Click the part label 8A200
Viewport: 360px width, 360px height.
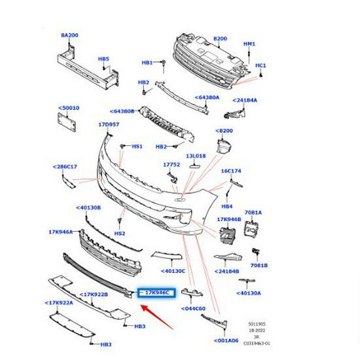[x=69, y=35]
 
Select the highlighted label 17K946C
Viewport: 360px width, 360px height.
[x=157, y=293]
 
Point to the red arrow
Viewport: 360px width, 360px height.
[x=157, y=317]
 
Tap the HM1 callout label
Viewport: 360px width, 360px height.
[x=249, y=44]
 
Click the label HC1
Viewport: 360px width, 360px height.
[x=261, y=65]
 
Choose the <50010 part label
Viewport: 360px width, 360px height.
[x=69, y=108]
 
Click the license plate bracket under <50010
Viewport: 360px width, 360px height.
[x=67, y=122]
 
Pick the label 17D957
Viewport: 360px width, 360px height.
[x=109, y=124]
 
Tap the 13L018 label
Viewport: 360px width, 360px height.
[x=196, y=156]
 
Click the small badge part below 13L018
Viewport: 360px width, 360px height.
[x=194, y=166]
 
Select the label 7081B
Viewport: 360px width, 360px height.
[x=259, y=265]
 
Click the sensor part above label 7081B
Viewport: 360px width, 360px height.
[x=255, y=251]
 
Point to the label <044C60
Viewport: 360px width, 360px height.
[x=193, y=308]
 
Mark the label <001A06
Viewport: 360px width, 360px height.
[x=226, y=340]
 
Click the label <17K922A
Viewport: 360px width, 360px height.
[x=59, y=303]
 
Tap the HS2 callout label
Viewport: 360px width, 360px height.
[x=120, y=234]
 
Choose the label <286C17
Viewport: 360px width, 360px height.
[x=65, y=167]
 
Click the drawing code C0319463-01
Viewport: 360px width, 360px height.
[x=257, y=344]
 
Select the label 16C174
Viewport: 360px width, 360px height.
[x=231, y=171]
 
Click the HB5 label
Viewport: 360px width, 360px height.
[x=103, y=59]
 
